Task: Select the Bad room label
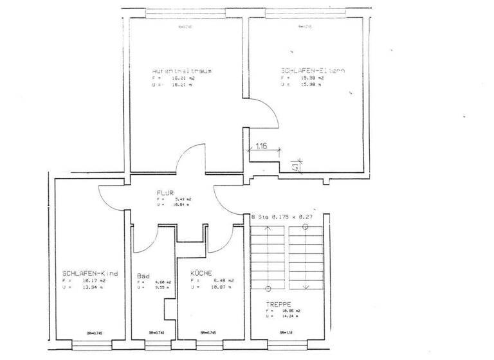coord(143,276)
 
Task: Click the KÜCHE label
coord(201,273)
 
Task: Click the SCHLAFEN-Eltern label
coord(312,70)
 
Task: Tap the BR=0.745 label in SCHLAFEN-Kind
coord(95,332)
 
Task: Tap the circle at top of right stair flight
coord(305,226)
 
